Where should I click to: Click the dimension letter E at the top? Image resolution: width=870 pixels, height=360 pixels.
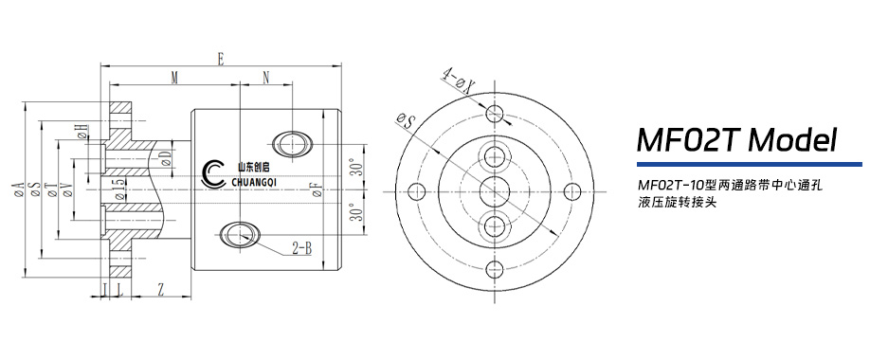click(x=220, y=59)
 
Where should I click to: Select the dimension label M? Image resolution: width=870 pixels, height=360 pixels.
click(x=174, y=79)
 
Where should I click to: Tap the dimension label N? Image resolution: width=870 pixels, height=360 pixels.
click(x=265, y=79)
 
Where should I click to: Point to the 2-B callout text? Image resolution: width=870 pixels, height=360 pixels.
click(x=301, y=248)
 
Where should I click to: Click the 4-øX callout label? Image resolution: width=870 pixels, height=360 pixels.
click(x=459, y=81)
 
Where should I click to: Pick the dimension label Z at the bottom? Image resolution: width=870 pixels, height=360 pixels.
click(x=160, y=288)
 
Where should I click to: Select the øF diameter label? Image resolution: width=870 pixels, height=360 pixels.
click(x=317, y=190)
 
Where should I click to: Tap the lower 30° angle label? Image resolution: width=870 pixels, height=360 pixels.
click(x=359, y=213)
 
